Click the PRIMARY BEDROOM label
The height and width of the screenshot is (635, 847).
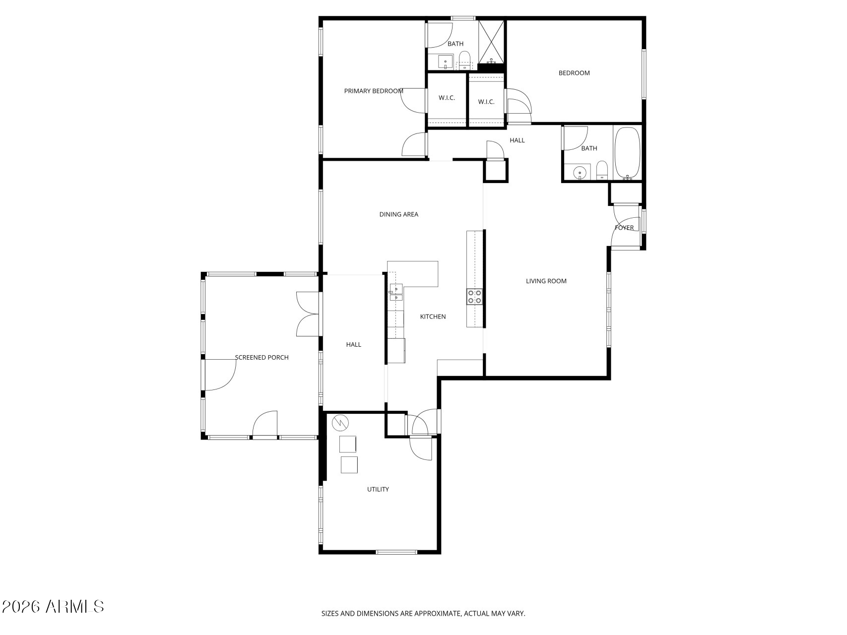tap(373, 91)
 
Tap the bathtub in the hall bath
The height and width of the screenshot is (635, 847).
tap(627, 153)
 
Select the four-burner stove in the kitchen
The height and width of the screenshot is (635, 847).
tap(474, 297)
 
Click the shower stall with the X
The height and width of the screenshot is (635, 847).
tap(492, 41)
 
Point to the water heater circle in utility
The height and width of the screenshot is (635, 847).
tap(341, 423)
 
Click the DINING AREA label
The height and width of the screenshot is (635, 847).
tap(398, 214)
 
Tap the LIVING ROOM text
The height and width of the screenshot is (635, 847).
tap(546, 281)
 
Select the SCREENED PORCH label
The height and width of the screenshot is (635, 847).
tap(261, 357)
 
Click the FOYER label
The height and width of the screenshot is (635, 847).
tap(624, 228)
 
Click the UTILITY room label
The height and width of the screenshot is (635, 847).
tap(378, 489)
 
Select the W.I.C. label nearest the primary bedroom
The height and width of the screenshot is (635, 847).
tap(447, 98)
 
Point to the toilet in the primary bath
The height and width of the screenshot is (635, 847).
tap(464, 60)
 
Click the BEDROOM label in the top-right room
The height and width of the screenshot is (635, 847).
tap(574, 73)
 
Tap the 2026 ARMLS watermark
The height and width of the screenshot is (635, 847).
tap(53, 606)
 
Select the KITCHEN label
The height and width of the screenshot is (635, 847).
tap(433, 317)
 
